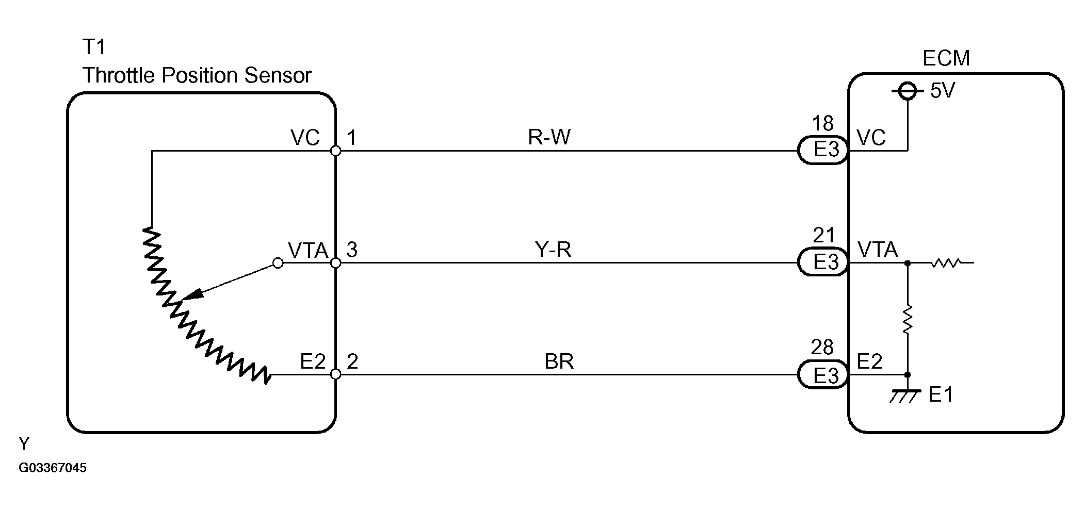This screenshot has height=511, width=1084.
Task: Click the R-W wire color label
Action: click(549, 138)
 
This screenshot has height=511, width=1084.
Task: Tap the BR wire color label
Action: click(559, 361)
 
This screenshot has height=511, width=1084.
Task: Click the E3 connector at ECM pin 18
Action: click(822, 150)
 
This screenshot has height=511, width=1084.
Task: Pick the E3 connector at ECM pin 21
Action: click(822, 262)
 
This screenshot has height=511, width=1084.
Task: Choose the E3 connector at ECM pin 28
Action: click(822, 375)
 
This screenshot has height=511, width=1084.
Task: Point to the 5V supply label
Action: click(943, 91)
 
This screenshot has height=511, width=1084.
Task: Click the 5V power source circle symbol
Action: click(908, 92)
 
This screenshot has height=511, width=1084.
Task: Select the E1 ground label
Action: click(941, 395)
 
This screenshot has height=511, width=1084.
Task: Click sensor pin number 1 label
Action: click(351, 138)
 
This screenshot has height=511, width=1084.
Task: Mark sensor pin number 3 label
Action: click(352, 250)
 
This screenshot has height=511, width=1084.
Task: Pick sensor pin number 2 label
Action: click(352, 361)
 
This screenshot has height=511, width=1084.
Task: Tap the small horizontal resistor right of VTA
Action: click(945, 263)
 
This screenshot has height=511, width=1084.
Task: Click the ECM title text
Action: click(946, 58)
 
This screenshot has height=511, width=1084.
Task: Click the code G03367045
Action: click(53, 468)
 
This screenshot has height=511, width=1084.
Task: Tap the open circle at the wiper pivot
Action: click(278, 263)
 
